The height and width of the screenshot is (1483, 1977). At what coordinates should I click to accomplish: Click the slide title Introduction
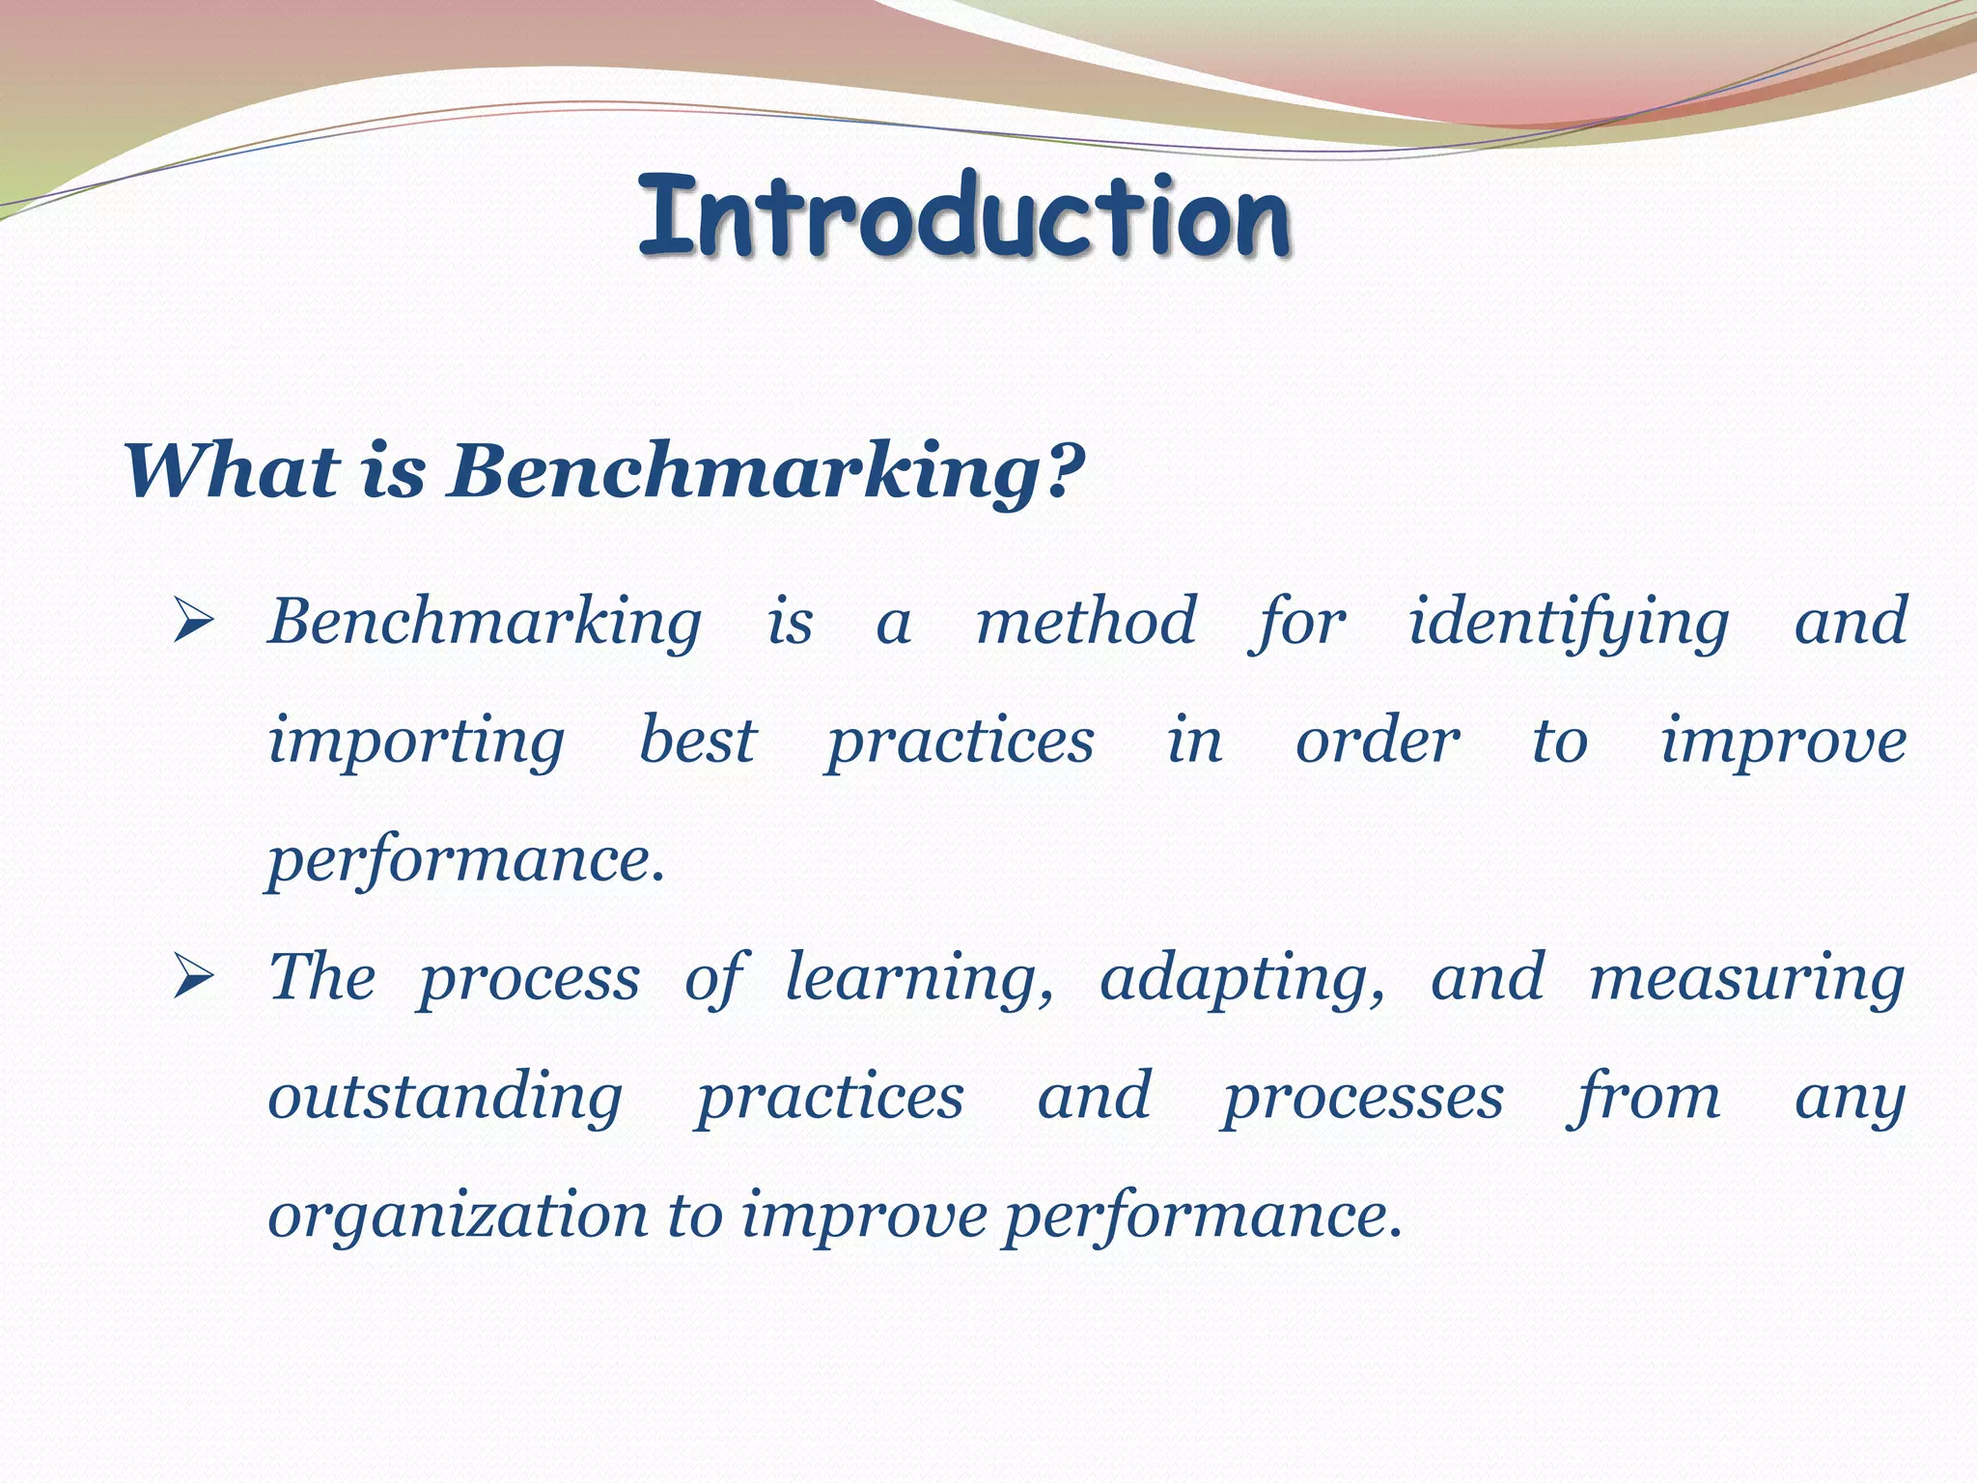coord(963,216)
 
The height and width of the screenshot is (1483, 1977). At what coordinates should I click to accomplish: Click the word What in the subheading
coord(232,471)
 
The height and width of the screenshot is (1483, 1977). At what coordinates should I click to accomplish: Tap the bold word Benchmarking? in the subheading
coord(766,471)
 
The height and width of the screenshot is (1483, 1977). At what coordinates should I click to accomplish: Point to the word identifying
coord(1568,623)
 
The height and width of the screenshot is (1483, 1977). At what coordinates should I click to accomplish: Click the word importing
coord(416,741)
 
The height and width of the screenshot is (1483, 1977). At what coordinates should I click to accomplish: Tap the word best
coord(698,741)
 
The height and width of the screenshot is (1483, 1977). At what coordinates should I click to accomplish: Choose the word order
coord(1378,741)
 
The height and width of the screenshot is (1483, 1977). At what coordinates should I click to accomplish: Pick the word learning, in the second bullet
coord(919,978)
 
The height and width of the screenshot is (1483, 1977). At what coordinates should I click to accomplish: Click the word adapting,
coord(1242,978)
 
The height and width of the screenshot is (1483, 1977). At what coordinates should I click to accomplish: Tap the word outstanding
coord(445,1097)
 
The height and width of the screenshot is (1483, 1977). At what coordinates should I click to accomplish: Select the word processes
coord(1363,1099)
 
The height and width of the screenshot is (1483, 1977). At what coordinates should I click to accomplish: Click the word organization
coord(458,1217)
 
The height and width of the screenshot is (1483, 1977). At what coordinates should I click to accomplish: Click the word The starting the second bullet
coord(321,977)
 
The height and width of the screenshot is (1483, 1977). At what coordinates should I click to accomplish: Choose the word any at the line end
coord(1850,1099)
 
